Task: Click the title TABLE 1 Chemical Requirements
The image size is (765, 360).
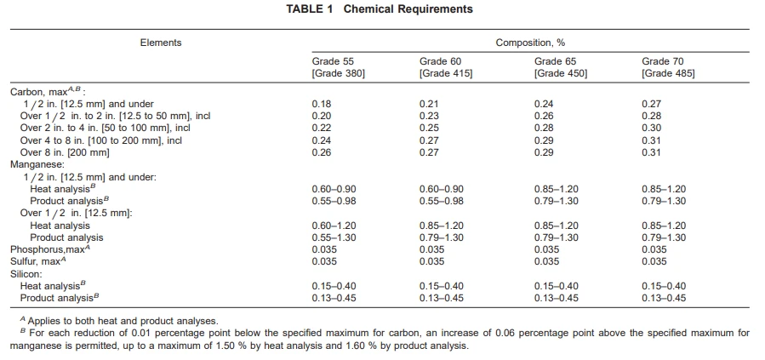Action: point(379,9)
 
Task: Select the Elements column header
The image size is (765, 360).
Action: point(161,43)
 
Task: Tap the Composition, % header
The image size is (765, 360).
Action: point(530,43)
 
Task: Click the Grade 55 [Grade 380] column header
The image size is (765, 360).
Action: point(339,67)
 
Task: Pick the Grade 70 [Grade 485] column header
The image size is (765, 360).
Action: point(668,67)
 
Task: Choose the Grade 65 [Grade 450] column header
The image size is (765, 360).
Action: point(561,67)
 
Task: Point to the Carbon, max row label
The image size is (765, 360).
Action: point(48,91)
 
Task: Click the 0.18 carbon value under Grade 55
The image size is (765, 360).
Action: point(322,104)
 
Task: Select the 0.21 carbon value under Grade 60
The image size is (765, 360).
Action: point(429,104)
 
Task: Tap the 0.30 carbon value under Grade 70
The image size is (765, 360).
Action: point(651,129)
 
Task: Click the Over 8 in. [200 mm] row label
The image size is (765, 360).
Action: point(65,152)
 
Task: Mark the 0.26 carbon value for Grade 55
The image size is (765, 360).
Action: point(322,152)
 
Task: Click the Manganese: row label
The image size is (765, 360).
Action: point(32,165)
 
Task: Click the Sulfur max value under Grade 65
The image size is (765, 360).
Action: point(546,262)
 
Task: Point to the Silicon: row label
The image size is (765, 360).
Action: point(26,274)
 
